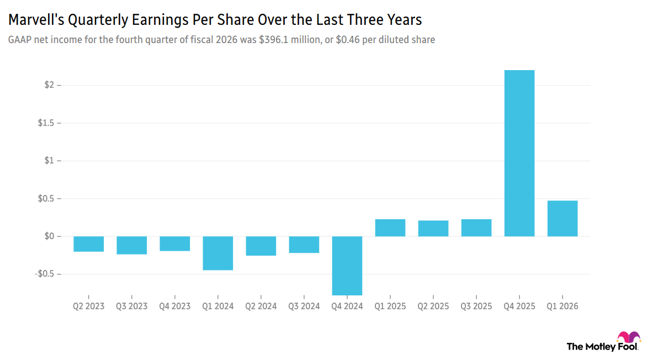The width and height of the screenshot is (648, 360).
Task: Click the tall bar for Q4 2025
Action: [x=519, y=153]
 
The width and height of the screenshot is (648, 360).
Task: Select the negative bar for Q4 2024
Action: [x=347, y=266]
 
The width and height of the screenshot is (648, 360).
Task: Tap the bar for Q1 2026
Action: [x=562, y=219]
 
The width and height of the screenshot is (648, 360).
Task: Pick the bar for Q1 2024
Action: [x=218, y=253]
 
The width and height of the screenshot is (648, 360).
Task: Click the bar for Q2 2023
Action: [x=89, y=244]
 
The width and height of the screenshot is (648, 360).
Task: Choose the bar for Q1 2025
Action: [x=390, y=227]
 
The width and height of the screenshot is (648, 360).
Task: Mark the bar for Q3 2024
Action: [x=304, y=245]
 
